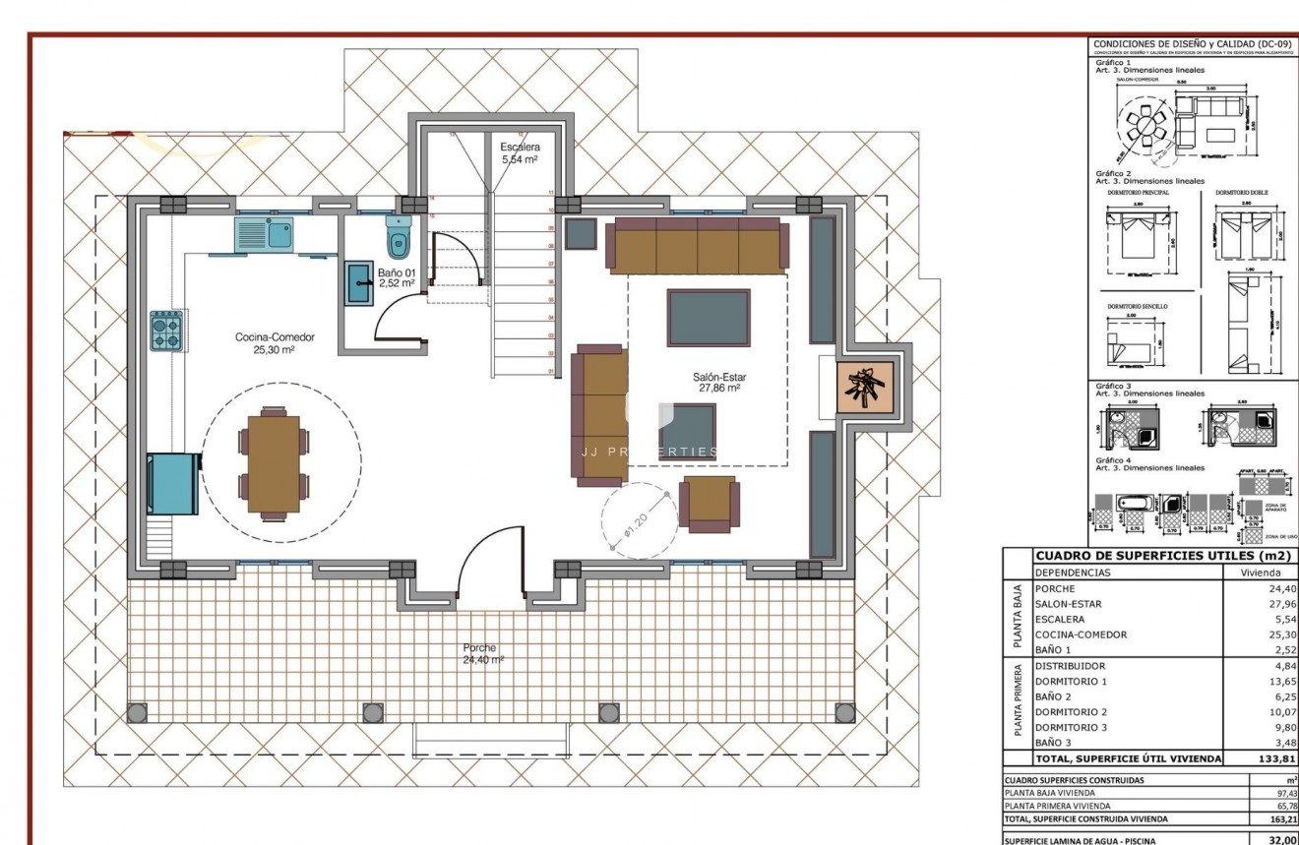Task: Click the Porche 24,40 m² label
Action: (x=483, y=654)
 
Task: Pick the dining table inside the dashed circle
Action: (x=274, y=463)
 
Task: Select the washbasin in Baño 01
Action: (x=357, y=283)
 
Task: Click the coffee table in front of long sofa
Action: (x=708, y=318)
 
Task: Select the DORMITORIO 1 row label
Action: (x=1071, y=681)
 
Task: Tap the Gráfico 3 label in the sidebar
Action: (x=1113, y=386)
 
